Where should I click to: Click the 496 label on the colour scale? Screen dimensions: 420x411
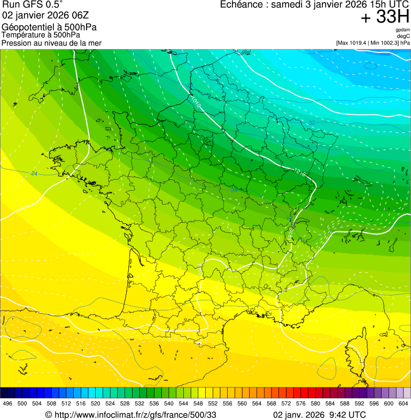click(7, 403)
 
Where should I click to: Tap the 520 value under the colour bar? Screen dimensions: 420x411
click(96, 403)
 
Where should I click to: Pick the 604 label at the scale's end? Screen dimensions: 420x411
click(404, 403)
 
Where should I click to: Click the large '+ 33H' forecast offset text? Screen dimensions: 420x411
click(385, 17)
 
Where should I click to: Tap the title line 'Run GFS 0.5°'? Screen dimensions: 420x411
click(33, 5)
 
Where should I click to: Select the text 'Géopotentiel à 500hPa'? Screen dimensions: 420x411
click(49, 27)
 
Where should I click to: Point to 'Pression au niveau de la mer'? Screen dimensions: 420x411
click(51, 43)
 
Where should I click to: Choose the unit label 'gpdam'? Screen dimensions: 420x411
click(402, 30)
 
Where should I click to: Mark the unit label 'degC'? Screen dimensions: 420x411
click(403, 36)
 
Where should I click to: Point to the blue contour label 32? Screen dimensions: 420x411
click(312, 123)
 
